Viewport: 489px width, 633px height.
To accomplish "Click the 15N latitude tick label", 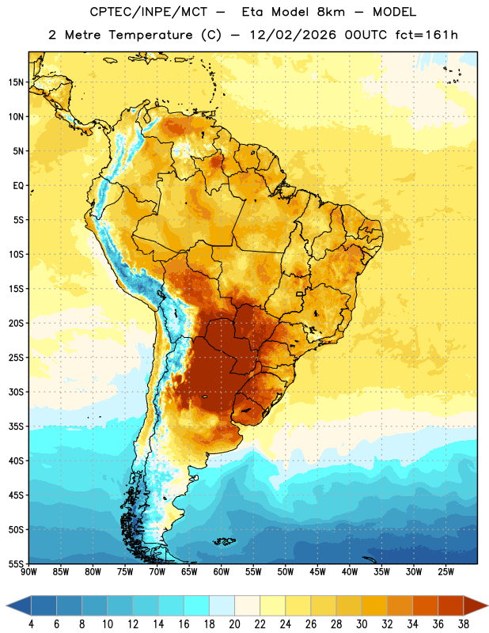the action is (x=16, y=82).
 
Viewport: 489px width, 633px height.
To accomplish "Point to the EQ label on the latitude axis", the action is (x=18, y=186).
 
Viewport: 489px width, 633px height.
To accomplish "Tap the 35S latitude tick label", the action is (x=16, y=426).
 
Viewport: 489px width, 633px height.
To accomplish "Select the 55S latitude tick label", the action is (x=16, y=563).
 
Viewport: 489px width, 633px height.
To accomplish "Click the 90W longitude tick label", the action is (x=28, y=572).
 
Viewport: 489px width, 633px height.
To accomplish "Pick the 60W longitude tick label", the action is (x=222, y=572).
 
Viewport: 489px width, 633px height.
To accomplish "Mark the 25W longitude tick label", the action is (x=445, y=572).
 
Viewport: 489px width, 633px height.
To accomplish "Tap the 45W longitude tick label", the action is (x=317, y=572).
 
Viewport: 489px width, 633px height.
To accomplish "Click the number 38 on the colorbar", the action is (x=464, y=624).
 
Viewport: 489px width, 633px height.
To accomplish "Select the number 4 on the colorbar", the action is (x=31, y=624).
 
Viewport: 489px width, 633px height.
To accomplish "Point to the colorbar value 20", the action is (x=234, y=624).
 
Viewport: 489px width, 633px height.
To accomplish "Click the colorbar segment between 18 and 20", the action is (x=222, y=605).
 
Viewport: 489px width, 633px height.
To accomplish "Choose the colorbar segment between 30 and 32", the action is (x=374, y=605).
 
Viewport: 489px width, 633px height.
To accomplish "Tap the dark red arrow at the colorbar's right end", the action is (x=475, y=605).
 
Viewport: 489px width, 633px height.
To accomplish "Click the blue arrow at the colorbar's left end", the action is (x=18, y=605).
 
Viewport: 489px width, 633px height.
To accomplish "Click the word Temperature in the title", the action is (x=150, y=35).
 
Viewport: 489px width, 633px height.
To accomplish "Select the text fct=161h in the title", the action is (x=426, y=35).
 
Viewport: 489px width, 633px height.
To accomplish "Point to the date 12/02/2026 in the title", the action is (x=293, y=35).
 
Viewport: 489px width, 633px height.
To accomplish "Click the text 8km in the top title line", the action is (x=332, y=12).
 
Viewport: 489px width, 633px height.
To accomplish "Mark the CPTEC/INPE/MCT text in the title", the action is (x=149, y=12).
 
